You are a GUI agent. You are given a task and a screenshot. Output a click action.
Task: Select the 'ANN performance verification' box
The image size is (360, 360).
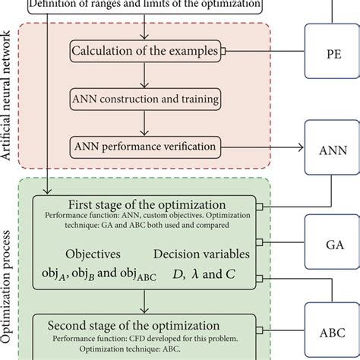tap(145, 143)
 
